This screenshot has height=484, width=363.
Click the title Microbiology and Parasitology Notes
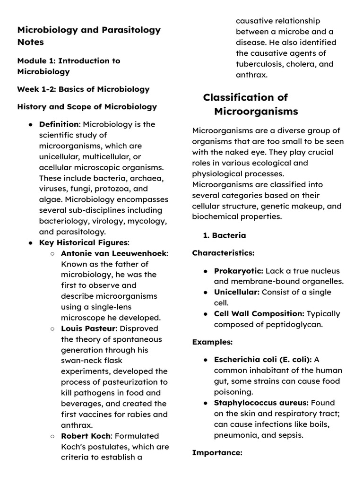[x=89, y=36]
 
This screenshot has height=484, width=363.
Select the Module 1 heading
[x=69, y=66]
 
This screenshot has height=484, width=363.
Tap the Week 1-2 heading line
[x=83, y=89]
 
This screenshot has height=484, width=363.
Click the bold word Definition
[x=59, y=124]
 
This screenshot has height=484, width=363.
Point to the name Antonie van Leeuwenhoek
[x=113, y=253]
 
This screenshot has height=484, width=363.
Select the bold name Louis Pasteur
[x=86, y=328]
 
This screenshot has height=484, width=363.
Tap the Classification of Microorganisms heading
[x=251, y=104]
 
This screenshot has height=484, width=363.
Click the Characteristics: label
[x=223, y=253]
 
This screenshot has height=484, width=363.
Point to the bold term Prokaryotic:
[x=239, y=271]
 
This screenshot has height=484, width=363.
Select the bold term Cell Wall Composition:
[x=259, y=313]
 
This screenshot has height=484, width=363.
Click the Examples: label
[x=212, y=342]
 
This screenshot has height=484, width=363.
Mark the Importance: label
[x=217, y=453]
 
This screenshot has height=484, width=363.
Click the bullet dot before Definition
[x=30, y=125]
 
